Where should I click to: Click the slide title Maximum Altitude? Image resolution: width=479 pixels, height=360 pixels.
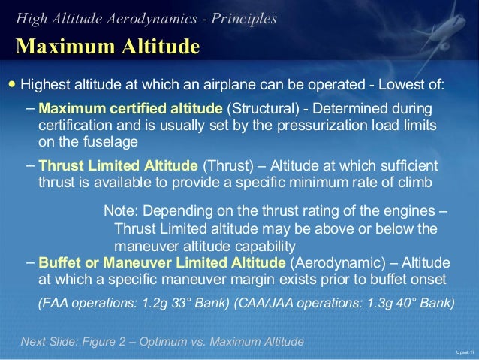coord(107,47)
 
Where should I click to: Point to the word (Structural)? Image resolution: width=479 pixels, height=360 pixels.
coord(255,110)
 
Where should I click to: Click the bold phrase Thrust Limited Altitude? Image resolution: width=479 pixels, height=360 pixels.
coord(119,166)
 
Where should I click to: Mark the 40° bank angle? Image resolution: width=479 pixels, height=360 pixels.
coord(393,304)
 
